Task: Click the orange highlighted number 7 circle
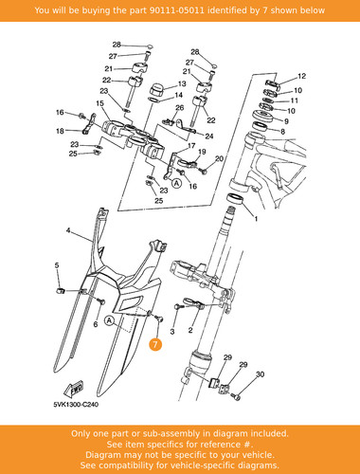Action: [155, 344]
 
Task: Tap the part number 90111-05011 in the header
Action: [176, 10]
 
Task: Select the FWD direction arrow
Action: [74, 389]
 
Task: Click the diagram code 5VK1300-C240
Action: [76, 405]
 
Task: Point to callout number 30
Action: [260, 374]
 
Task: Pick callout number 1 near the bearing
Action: [256, 219]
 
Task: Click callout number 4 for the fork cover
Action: [68, 230]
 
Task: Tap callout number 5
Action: [57, 265]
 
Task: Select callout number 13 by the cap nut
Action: [182, 83]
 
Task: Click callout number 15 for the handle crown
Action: [99, 103]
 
